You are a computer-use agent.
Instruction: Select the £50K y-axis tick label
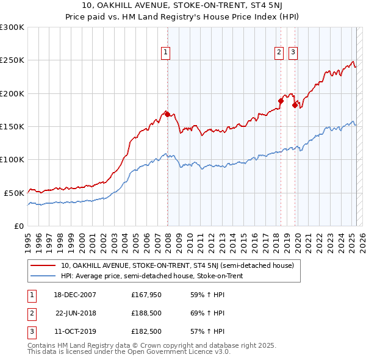click(14, 193)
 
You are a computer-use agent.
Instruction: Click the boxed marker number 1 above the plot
click(165, 53)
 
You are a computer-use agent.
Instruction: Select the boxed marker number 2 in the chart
click(279, 53)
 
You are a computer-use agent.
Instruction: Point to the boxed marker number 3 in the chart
click(293, 53)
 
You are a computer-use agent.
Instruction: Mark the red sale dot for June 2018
click(281, 101)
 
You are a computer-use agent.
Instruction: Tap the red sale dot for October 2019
click(295, 105)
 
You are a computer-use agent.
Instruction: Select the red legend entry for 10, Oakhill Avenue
click(178, 265)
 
